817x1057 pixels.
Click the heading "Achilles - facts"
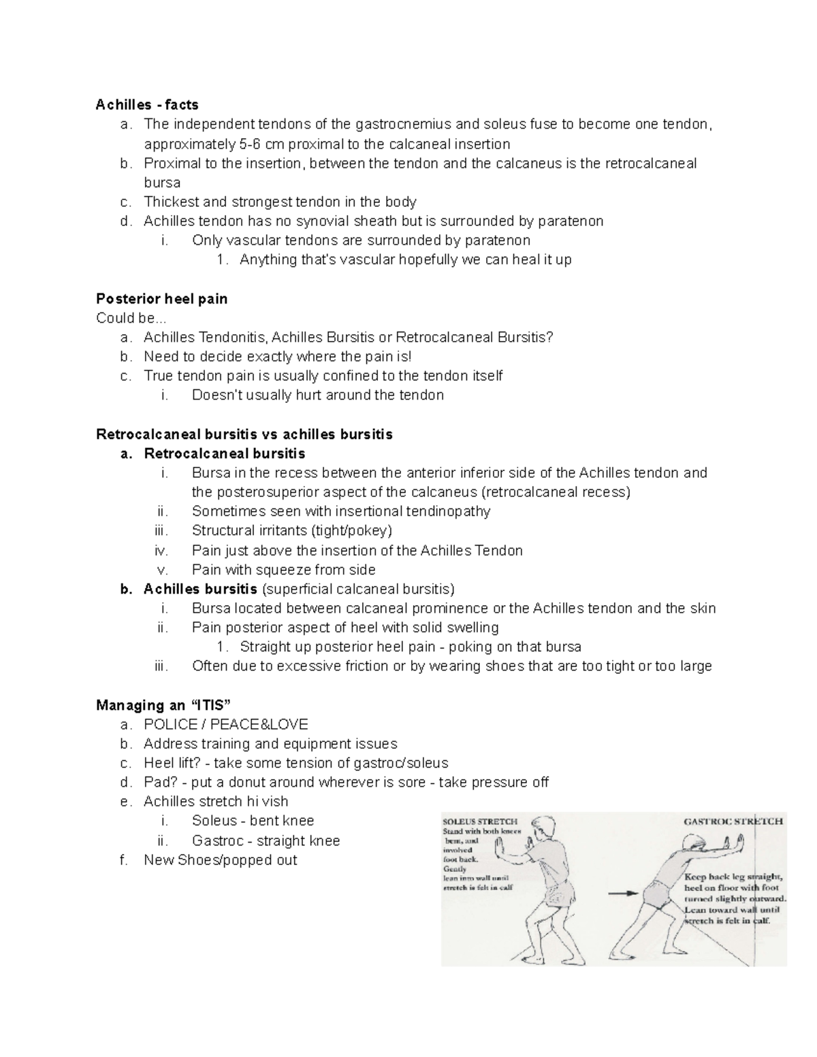click(x=147, y=105)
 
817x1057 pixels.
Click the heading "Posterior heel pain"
click(x=162, y=299)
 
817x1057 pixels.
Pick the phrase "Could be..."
click(x=131, y=318)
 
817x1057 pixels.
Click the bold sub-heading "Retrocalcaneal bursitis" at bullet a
click(x=224, y=453)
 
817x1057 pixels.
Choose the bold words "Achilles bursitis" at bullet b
click(x=200, y=589)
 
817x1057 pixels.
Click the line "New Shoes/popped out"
click(x=220, y=860)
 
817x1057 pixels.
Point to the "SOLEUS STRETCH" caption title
click(x=480, y=822)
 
